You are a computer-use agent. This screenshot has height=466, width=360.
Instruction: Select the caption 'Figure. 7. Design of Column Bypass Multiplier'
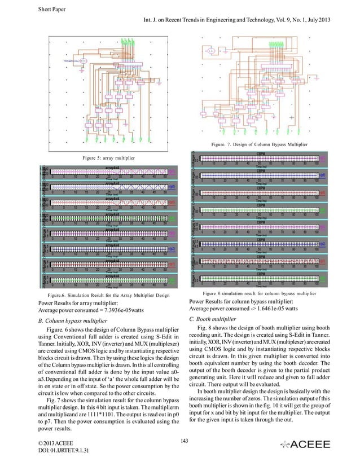[259, 145]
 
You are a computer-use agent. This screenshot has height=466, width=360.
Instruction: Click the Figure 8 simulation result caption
[258, 293]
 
